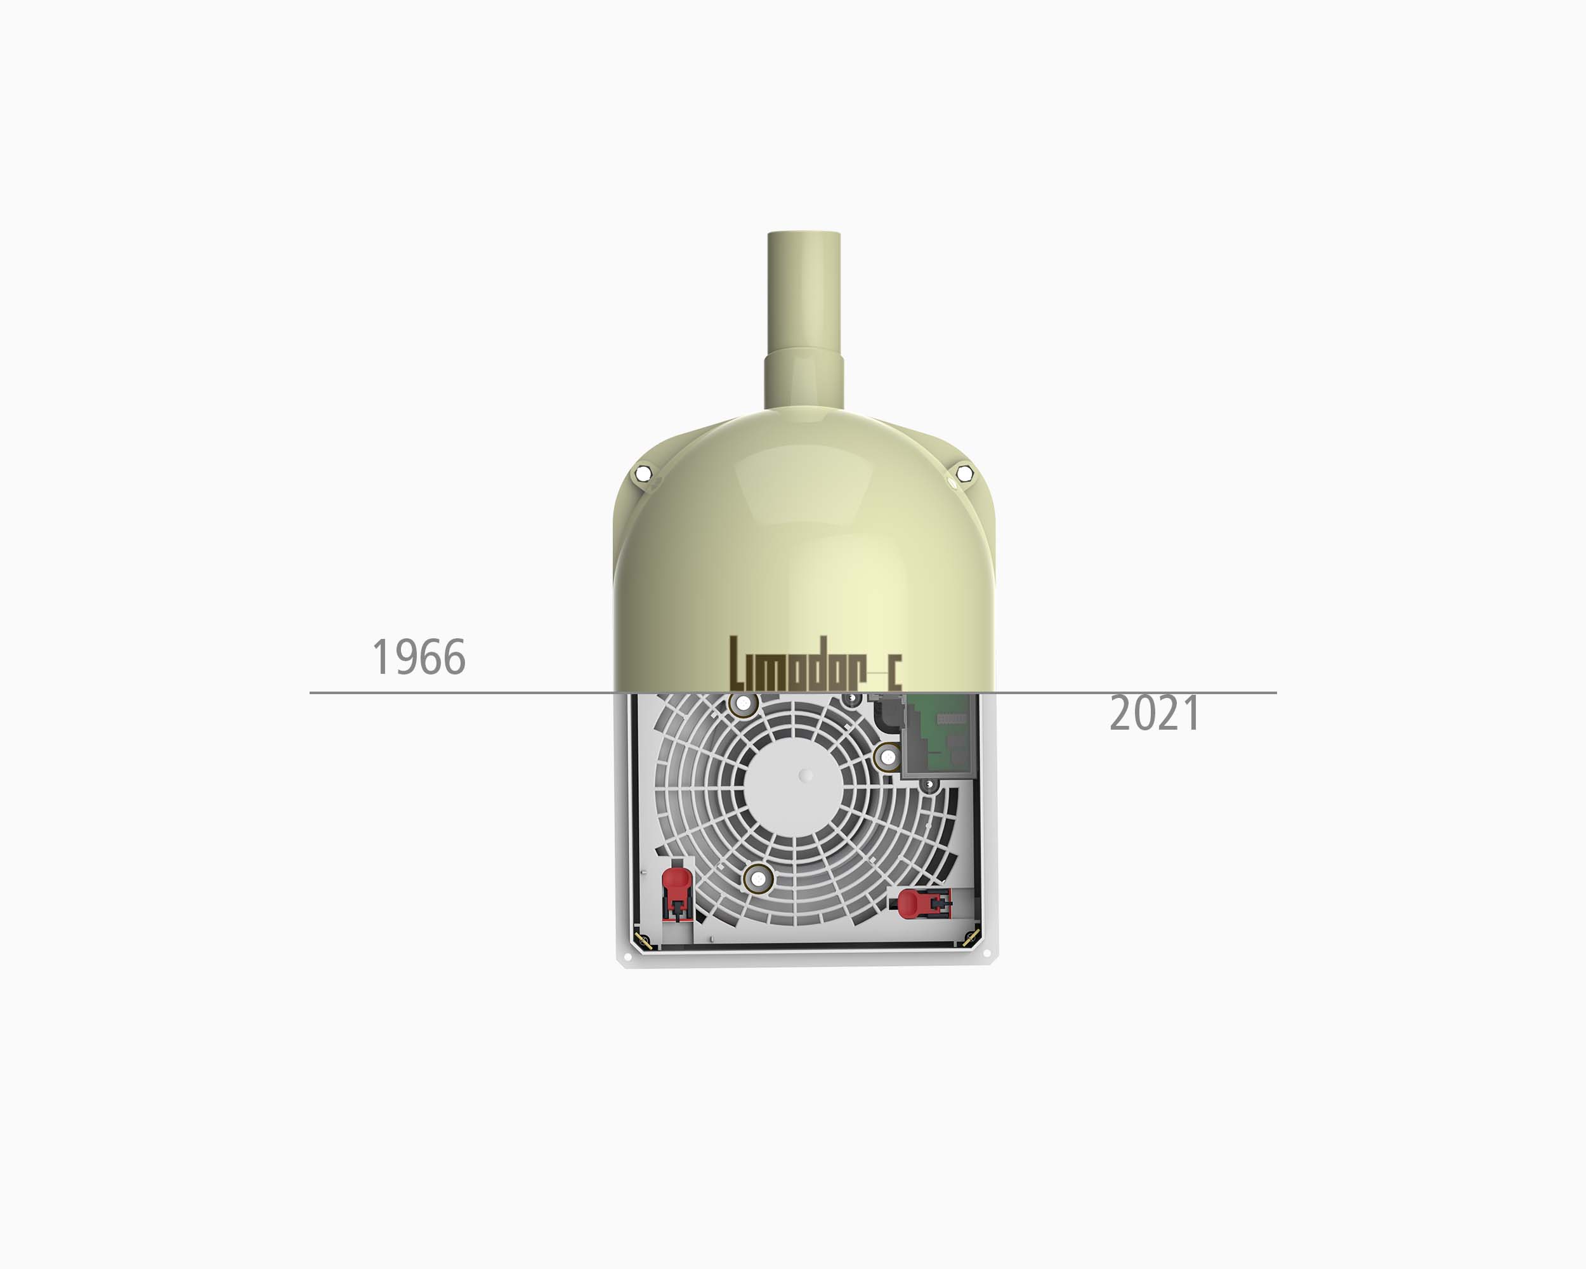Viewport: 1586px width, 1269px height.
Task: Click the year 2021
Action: tap(1155, 714)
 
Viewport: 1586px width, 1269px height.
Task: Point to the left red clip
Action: tap(677, 894)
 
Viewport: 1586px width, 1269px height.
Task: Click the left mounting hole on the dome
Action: tap(644, 473)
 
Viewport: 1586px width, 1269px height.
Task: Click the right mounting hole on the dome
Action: tap(964, 473)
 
